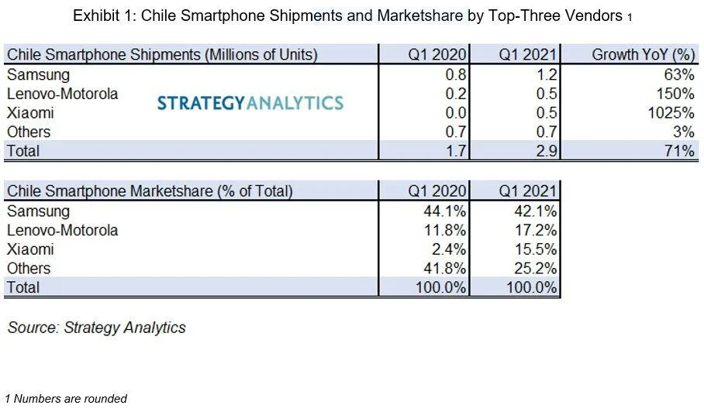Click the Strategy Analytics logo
pos(250,102)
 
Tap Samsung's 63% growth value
pos(679,75)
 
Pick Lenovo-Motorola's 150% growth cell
pos(676,94)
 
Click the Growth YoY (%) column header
pos(643,55)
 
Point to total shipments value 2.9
pos(546,151)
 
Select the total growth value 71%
pos(679,151)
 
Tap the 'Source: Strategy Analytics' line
pos(97,328)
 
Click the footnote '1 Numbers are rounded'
pos(66,399)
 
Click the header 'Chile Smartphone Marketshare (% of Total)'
pos(150,191)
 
